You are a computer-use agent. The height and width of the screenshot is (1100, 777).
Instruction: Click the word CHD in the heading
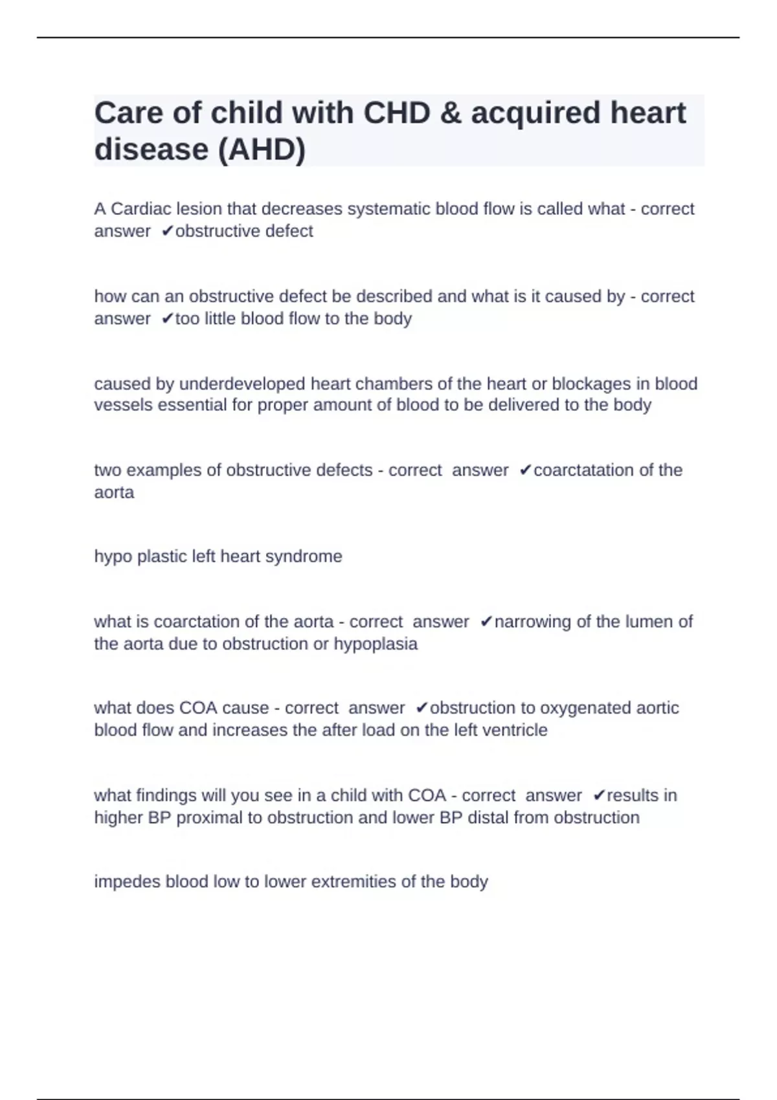pyautogui.click(x=397, y=113)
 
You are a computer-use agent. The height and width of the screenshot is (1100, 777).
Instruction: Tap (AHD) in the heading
pyautogui.click(x=262, y=149)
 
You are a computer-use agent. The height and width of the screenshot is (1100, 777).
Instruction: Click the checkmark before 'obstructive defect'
pyautogui.click(x=168, y=231)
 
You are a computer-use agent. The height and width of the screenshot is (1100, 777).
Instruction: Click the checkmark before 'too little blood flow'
pyautogui.click(x=168, y=318)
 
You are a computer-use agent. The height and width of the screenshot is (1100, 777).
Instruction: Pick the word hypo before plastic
pyautogui.click(x=113, y=556)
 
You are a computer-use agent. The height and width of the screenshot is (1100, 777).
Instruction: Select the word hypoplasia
pyautogui.click(x=375, y=644)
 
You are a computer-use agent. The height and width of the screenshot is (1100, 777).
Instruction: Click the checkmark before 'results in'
pyautogui.click(x=599, y=795)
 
